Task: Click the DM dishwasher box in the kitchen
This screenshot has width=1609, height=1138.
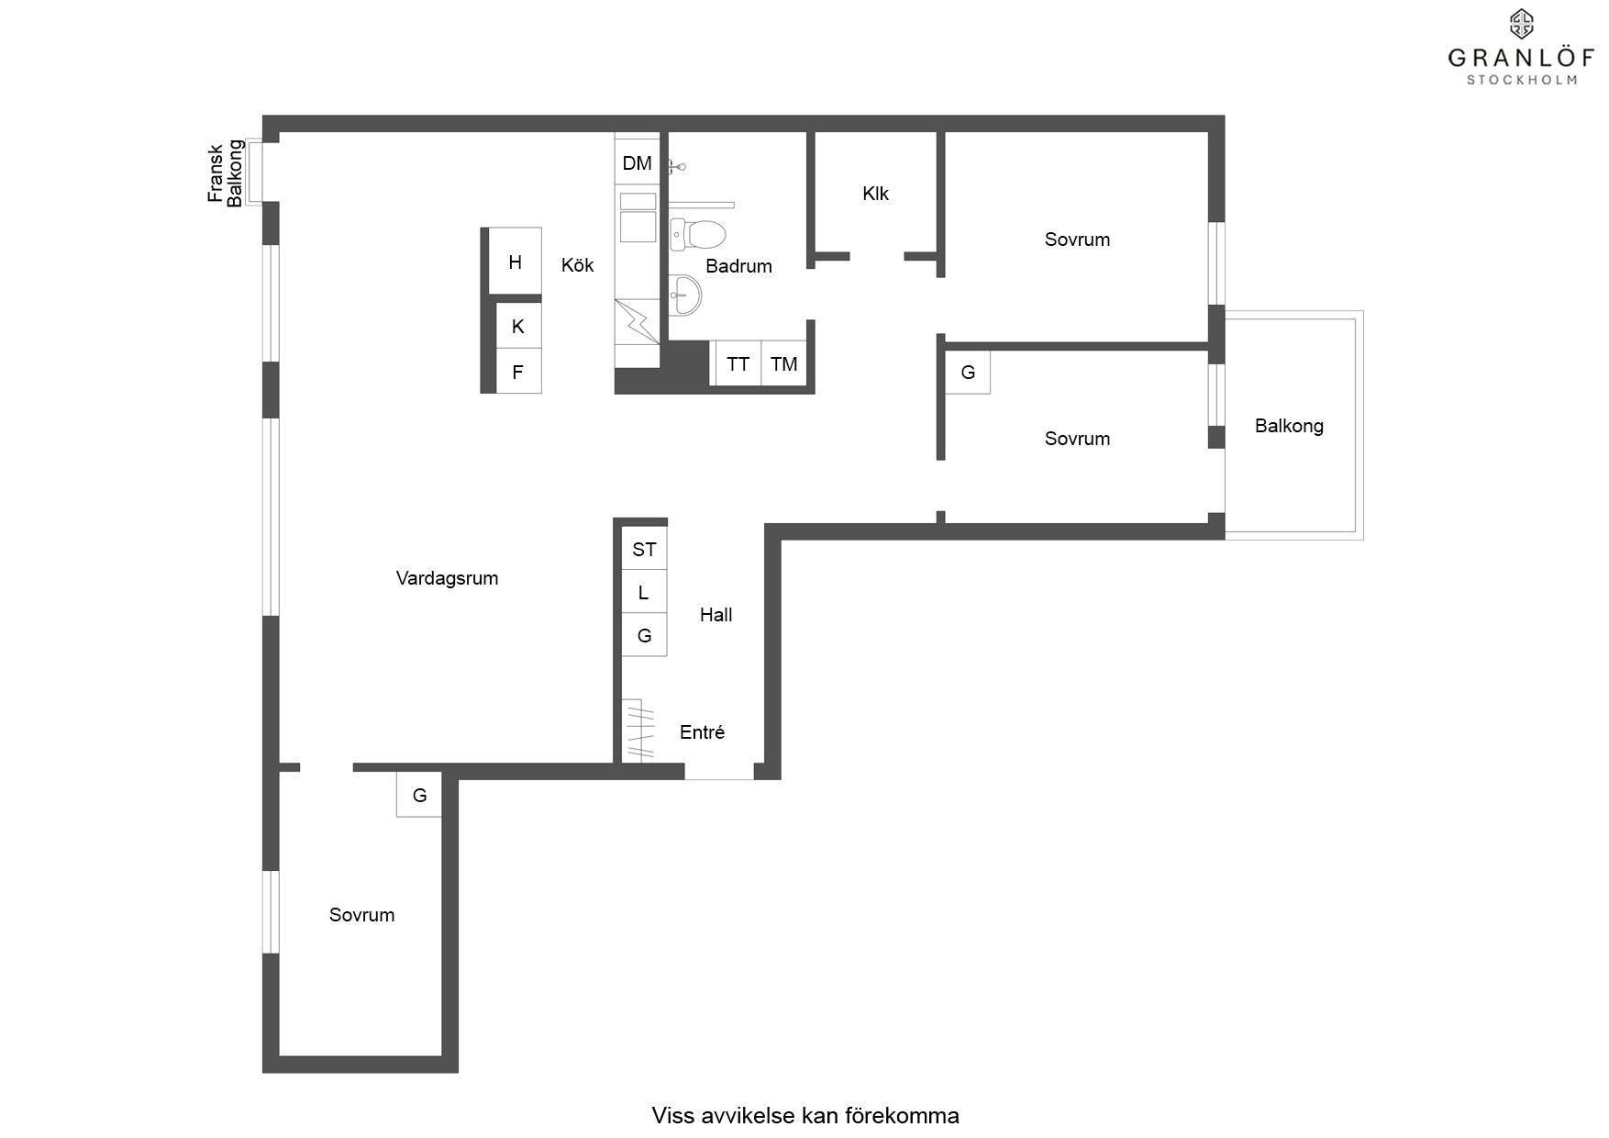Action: pyautogui.click(x=637, y=163)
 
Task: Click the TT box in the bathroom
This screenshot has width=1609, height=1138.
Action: pyautogui.click(x=738, y=363)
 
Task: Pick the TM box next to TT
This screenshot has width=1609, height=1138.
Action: pyautogui.click(x=783, y=363)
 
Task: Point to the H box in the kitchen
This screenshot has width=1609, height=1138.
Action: pyautogui.click(x=515, y=262)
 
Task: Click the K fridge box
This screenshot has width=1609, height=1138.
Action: pyautogui.click(x=518, y=326)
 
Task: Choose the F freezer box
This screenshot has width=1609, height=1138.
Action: pyautogui.click(x=518, y=372)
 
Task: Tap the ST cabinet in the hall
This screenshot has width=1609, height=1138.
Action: pyautogui.click(x=644, y=549)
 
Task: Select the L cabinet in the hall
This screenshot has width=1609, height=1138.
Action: pyautogui.click(x=644, y=592)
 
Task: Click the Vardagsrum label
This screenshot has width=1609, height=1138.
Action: pyautogui.click(x=447, y=578)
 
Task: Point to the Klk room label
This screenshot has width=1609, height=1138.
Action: pyautogui.click(x=876, y=194)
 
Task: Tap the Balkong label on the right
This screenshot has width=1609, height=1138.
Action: pyautogui.click(x=1289, y=426)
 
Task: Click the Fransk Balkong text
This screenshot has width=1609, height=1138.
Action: pyautogui.click(x=226, y=173)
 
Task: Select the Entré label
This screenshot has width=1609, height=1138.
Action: pyautogui.click(x=702, y=732)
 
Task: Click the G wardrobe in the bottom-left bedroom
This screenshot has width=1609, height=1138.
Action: pyautogui.click(x=419, y=795)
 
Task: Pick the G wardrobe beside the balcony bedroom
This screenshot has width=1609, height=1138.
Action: pyautogui.click(x=968, y=373)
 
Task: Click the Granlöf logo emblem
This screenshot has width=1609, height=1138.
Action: pyautogui.click(x=1522, y=24)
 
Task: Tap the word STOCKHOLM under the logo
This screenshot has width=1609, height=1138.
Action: pyautogui.click(x=1522, y=80)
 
